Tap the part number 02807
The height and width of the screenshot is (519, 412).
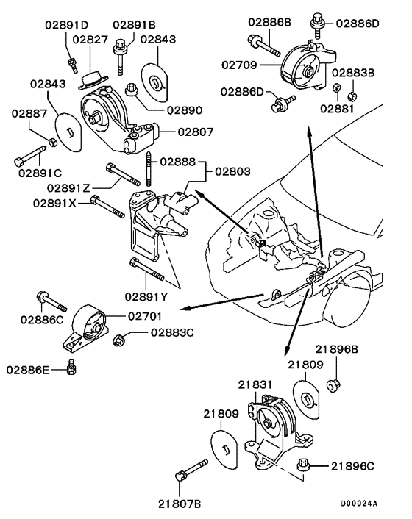point(175,132)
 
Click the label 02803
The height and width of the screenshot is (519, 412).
point(233,171)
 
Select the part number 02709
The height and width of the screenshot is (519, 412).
point(240,65)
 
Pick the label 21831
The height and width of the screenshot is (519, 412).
point(255,384)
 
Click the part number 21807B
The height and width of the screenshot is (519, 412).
point(180,503)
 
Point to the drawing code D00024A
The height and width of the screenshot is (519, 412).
point(358,504)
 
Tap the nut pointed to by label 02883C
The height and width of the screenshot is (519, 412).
point(118,339)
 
